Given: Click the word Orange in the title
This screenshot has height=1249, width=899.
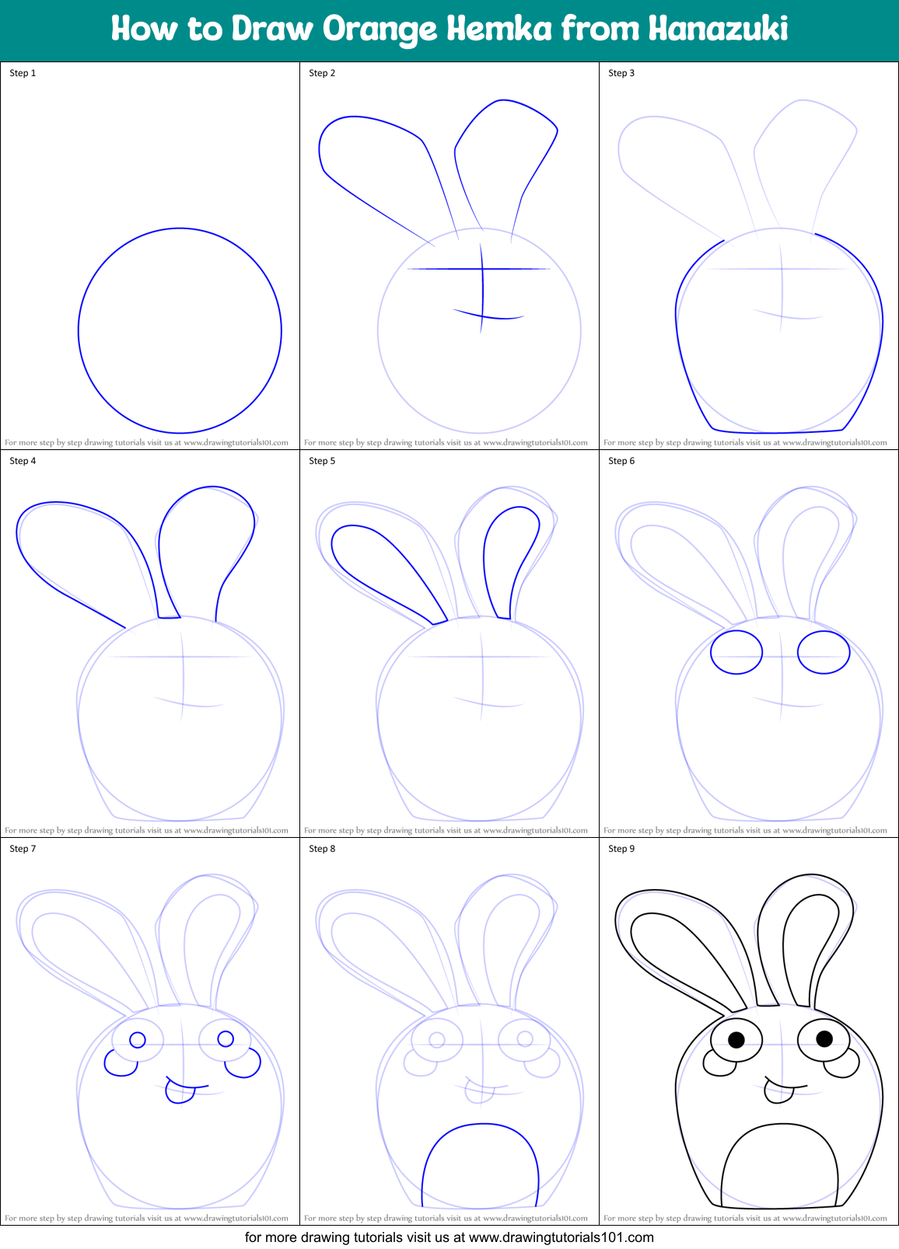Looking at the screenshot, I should click(380, 30).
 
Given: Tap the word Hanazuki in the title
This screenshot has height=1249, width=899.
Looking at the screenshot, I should click(718, 29).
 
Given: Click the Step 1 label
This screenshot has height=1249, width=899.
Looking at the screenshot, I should click(23, 73).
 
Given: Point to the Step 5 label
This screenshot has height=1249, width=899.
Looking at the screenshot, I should click(322, 461).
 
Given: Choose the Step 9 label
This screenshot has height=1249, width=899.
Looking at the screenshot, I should click(621, 849).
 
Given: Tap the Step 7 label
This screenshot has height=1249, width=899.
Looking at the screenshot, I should click(23, 849).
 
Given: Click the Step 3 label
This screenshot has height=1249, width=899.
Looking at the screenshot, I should click(621, 73).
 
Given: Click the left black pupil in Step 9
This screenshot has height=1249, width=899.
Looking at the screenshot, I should click(736, 1039).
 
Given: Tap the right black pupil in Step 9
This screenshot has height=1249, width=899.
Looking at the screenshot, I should click(824, 1038).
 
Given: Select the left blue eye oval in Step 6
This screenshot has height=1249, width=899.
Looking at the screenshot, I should click(736, 652).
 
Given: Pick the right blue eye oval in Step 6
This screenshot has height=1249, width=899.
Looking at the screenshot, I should click(824, 652).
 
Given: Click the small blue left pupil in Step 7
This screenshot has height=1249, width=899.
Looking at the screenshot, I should click(138, 1040).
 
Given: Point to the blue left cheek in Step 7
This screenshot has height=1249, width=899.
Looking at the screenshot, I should click(119, 1064).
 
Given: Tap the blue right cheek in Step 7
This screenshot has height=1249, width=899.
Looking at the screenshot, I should click(243, 1064).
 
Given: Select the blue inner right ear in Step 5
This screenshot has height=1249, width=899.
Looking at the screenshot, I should click(510, 560).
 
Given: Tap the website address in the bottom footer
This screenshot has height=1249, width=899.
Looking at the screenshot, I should click(561, 1237).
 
